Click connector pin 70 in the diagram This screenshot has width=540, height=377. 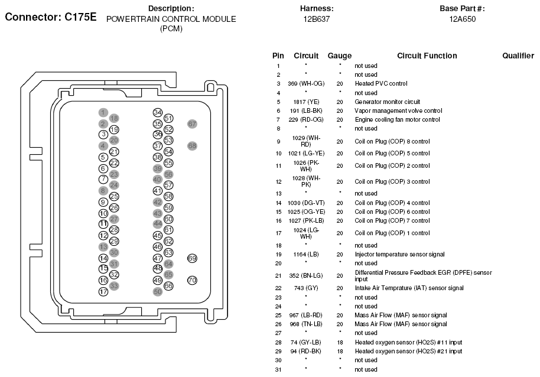click(192, 280)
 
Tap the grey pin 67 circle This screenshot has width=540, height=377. click(192, 124)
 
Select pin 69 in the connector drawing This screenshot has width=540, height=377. click(192, 258)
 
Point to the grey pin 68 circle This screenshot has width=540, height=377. click(192, 145)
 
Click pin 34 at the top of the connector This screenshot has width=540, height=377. click(157, 112)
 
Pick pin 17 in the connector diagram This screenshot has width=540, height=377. click(103, 291)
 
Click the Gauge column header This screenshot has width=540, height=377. click(340, 56)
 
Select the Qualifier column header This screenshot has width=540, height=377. click(518, 56)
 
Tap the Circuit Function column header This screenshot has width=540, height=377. click(427, 56)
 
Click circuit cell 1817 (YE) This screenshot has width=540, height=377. click(305, 102)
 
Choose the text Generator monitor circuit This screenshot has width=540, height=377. click(387, 102)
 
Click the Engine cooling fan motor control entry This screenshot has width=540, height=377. click(397, 119)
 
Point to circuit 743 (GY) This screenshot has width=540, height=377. click(305, 288)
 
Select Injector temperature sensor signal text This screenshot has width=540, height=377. click(400, 254)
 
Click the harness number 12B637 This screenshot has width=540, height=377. click(317, 19)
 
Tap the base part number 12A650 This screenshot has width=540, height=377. click(462, 19)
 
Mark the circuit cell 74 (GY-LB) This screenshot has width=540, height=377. click(305, 342)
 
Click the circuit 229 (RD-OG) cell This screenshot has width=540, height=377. click(305, 119)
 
